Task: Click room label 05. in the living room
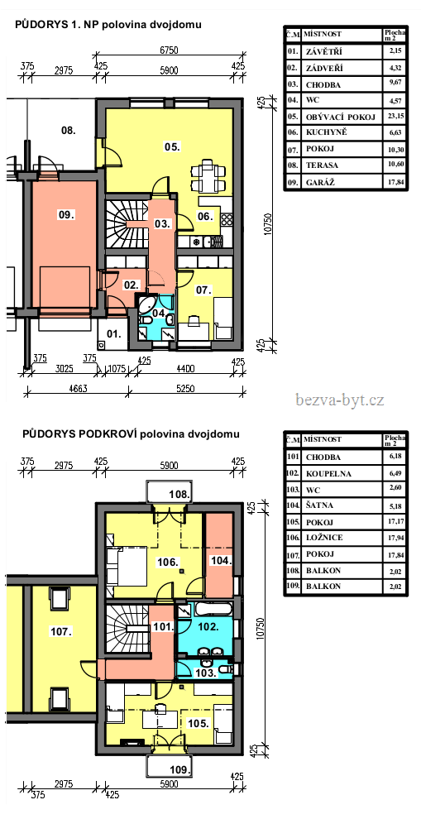click(172, 148)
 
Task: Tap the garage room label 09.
click(66, 214)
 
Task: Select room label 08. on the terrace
click(69, 130)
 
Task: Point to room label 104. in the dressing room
click(220, 560)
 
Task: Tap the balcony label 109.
click(181, 769)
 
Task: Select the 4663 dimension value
click(76, 389)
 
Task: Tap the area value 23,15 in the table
click(396, 116)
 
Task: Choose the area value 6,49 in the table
click(396, 474)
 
